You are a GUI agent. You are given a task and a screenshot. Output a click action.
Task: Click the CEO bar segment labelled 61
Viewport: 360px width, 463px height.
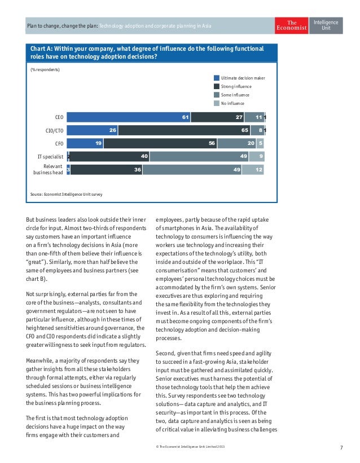coord(128,117)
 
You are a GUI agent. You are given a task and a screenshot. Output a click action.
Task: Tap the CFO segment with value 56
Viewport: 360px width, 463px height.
coord(160,143)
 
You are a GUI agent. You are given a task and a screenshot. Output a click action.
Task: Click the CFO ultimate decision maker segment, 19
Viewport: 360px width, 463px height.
coord(86,143)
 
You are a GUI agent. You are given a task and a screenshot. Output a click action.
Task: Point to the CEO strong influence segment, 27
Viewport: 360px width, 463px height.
coord(217,117)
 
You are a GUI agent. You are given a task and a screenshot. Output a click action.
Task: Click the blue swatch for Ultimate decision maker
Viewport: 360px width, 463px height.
coord(217,78)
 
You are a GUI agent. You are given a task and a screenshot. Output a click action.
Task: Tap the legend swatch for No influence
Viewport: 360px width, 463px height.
coord(217,103)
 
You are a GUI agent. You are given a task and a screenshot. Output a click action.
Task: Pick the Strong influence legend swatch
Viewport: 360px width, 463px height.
coord(217,86)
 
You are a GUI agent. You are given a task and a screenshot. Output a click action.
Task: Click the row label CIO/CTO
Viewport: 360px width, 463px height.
coord(54,131)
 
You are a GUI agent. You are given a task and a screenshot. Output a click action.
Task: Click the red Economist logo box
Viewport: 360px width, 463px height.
coord(292,26)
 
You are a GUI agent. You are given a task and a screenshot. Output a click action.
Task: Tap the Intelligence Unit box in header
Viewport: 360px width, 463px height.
coord(326,26)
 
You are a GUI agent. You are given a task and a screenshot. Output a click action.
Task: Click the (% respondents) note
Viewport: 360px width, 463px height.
coord(45,70)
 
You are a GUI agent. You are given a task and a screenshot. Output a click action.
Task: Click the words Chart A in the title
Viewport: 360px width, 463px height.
coord(43,49)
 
